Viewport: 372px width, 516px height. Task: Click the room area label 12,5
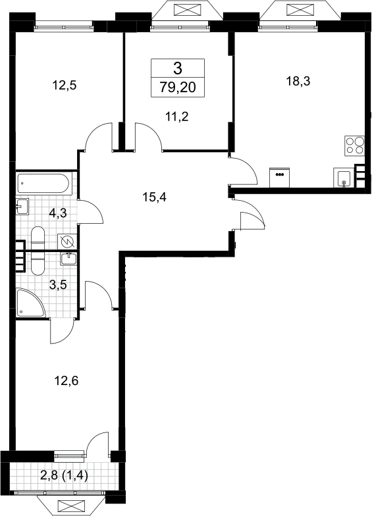coord(65,86)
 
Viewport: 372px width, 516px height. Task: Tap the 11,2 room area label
coord(177,116)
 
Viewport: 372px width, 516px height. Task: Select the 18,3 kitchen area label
coord(298,81)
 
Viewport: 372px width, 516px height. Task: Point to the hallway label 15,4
coord(155,197)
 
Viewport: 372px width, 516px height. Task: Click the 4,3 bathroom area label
coord(58,213)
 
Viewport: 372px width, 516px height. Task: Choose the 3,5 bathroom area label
coord(58,284)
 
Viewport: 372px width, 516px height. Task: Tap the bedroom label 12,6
coord(66,381)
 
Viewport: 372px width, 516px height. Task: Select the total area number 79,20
coord(178,88)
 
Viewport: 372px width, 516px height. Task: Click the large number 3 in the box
coord(178,68)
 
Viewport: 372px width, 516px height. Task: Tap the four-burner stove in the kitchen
coord(354,145)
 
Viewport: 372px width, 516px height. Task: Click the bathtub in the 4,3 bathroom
coord(43,183)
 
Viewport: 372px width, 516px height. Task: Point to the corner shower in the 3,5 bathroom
coord(30,303)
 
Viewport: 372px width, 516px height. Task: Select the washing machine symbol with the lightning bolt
coord(67,242)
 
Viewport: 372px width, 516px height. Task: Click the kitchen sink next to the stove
coord(344,178)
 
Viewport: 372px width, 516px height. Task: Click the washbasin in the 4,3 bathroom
coord(22,207)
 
